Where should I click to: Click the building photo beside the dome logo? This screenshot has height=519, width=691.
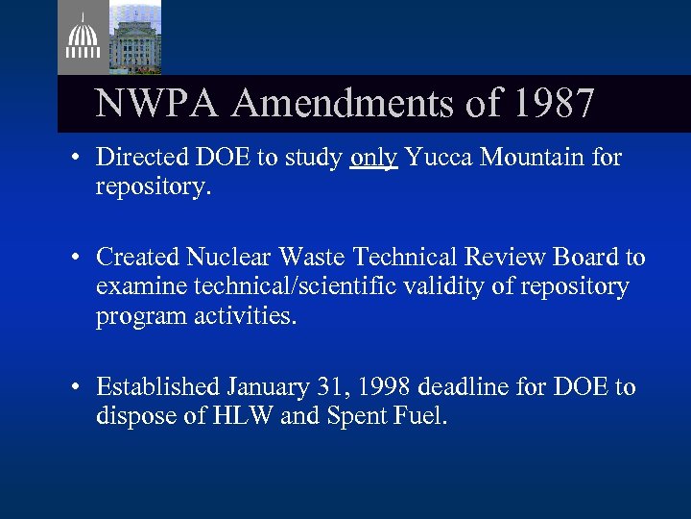(134, 37)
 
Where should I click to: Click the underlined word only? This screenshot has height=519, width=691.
(374, 158)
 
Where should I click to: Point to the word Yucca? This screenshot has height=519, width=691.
(437, 158)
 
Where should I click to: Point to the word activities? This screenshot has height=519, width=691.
(246, 315)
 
